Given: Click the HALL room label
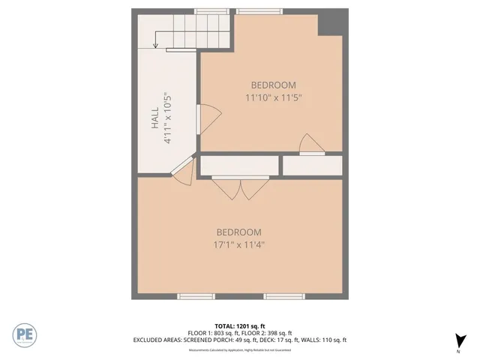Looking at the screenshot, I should (x=154, y=119).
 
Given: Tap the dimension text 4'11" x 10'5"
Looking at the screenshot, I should (x=169, y=118).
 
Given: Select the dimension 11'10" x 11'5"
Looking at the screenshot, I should (x=273, y=97).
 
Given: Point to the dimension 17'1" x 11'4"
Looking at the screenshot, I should (x=239, y=244).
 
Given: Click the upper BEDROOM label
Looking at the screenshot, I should (x=273, y=85).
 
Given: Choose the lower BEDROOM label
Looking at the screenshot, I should (x=239, y=232).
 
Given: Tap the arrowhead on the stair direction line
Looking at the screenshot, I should (x=155, y=44).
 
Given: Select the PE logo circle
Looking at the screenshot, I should (x=24, y=334).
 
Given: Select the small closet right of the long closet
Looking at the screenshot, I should (x=312, y=165).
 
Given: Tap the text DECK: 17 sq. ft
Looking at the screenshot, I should (x=287, y=340).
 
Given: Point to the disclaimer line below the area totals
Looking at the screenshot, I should (x=239, y=349).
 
